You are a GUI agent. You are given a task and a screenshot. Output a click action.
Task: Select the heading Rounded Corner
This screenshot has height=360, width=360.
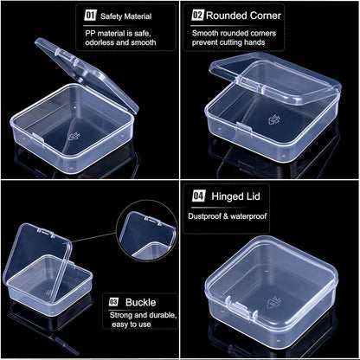[x=249, y=16]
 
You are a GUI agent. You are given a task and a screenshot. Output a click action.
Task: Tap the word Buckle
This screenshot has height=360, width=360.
[x=140, y=303]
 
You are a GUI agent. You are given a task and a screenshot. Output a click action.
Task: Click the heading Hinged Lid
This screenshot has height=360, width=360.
[x=235, y=197]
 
